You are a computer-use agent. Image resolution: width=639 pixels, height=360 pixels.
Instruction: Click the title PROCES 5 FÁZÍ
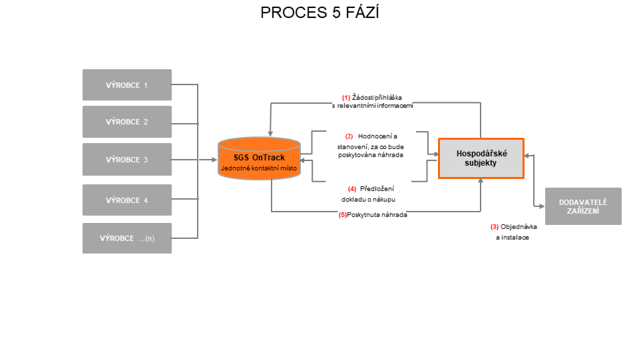coord(320,13)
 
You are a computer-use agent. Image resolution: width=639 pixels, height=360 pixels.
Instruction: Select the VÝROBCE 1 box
coord(127,85)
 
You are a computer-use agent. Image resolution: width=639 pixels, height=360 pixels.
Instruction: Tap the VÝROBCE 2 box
coord(127,122)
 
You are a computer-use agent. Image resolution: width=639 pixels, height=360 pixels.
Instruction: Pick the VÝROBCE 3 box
coord(127,159)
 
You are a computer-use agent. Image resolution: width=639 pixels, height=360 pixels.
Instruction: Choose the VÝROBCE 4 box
coord(127,200)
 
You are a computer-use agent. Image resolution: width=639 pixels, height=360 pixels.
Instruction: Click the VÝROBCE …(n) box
coord(127,238)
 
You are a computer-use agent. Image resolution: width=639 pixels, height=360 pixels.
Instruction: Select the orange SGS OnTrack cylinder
coord(259,158)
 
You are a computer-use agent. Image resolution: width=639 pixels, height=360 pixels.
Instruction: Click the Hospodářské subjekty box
coord(481,158)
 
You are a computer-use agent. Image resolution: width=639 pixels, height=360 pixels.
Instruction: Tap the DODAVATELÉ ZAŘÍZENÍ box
coord(583,206)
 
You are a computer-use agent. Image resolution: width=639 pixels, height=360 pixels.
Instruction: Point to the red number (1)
coord(346,98)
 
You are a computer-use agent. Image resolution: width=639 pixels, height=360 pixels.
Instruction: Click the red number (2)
coord(349,136)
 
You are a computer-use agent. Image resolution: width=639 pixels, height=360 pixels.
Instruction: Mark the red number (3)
coord(495,227)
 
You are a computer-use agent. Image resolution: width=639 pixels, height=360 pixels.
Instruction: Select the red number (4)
coord(352,189)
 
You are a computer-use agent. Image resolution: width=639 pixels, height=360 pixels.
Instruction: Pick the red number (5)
coord(343,215)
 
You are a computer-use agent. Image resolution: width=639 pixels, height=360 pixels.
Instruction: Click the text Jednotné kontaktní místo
coord(259,168)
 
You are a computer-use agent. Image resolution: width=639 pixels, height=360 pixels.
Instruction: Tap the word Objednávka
coord(519,227)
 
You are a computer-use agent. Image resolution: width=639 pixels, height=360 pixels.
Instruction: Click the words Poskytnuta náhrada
coord(377,215)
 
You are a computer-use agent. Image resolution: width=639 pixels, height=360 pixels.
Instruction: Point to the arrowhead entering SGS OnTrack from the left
coord(214,160)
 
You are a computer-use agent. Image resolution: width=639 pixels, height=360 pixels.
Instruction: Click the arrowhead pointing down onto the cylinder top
coord(270,134)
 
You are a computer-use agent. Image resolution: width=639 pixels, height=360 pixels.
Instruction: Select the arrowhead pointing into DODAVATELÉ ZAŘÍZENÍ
coord(542,206)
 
